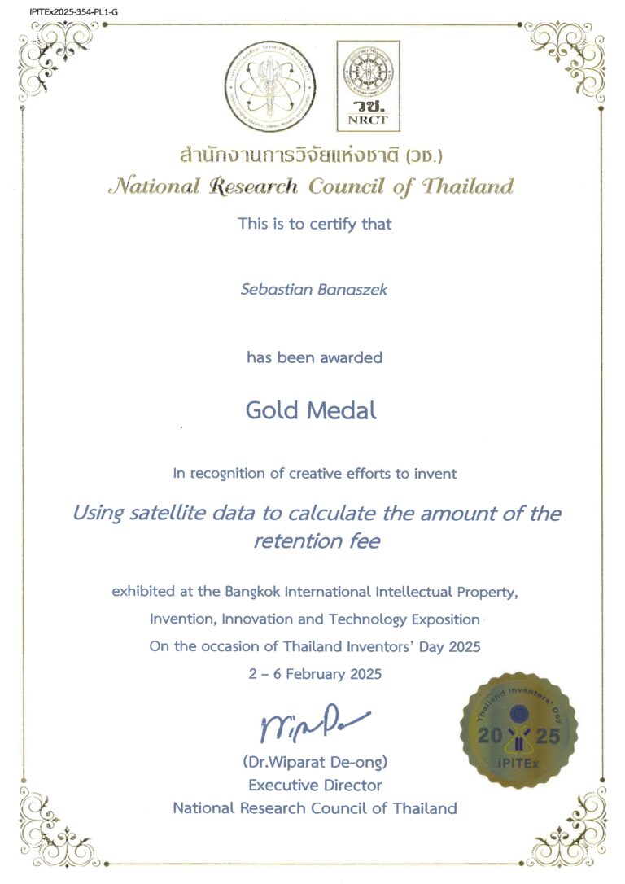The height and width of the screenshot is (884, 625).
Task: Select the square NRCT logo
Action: pyautogui.click(x=369, y=86)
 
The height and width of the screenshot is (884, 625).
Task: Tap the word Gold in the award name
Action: pyautogui.click(x=273, y=410)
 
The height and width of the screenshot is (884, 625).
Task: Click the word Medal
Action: pyautogui.click(x=344, y=410)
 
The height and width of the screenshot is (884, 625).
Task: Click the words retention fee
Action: pyautogui.click(x=316, y=540)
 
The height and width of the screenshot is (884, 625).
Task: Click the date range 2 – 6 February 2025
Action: pyautogui.click(x=314, y=675)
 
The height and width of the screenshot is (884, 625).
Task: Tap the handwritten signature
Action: pyautogui.click(x=311, y=724)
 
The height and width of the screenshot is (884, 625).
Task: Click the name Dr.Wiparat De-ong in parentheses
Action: pyautogui.click(x=314, y=763)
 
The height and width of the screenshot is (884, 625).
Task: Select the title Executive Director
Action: pyautogui.click(x=314, y=786)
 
